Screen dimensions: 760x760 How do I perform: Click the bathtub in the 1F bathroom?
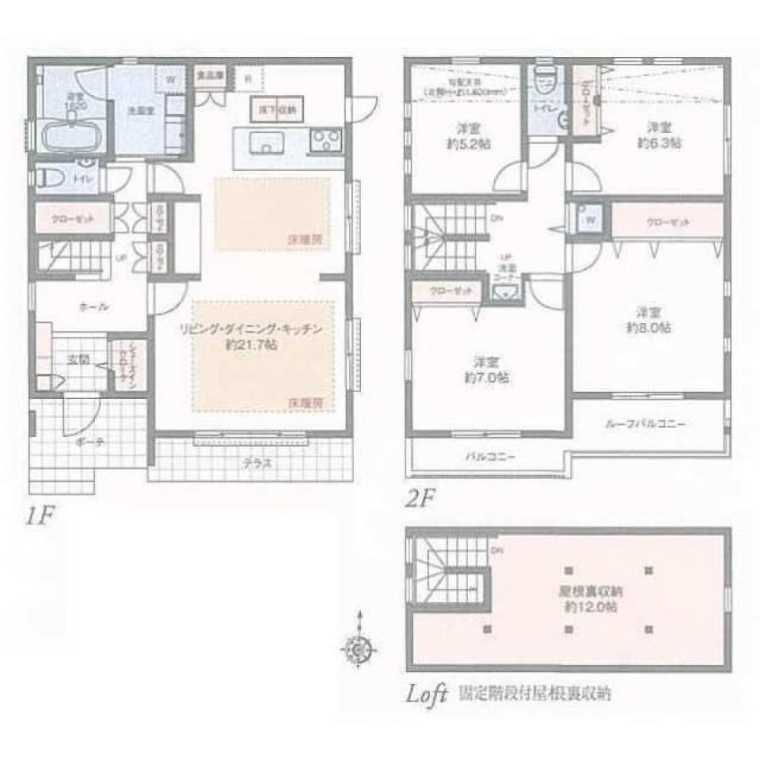click(70, 137)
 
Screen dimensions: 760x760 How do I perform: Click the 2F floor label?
click(420, 500)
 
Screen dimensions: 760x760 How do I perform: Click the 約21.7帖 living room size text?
click(252, 343)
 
